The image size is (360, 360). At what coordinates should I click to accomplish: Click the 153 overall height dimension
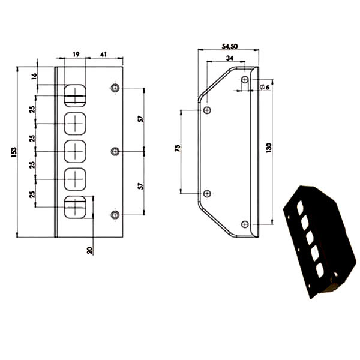pyautogui.click(x=14, y=152)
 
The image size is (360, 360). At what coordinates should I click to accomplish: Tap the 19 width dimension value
pyautogui.click(x=76, y=55)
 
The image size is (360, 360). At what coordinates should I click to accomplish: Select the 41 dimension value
pyautogui.click(x=104, y=55)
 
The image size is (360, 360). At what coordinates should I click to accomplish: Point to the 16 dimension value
pyautogui.click(x=34, y=76)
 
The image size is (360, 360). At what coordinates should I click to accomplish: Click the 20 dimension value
pyautogui.click(x=90, y=250)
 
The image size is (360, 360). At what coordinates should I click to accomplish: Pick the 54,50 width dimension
pyautogui.click(x=230, y=46)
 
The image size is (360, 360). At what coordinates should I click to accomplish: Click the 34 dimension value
pyautogui.click(x=230, y=58)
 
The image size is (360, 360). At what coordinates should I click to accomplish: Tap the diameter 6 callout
pyautogui.click(x=265, y=87)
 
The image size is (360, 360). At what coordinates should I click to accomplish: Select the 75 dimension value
pyautogui.click(x=178, y=148)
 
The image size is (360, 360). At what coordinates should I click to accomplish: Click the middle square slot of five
pyautogui.click(x=75, y=152)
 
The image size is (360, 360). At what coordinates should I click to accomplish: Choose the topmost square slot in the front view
pyautogui.click(x=75, y=96)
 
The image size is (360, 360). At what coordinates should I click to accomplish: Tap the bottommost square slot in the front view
pyautogui.click(x=75, y=207)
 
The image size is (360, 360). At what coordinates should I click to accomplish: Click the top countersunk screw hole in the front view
pyautogui.click(x=115, y=88)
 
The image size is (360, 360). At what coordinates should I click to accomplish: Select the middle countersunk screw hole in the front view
pyautogui.click(x=115, y=152)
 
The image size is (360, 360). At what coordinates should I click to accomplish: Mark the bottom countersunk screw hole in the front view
pyautogui.click(x=115, y=215)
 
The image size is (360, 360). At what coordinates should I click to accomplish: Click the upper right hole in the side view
pyautogui.click(x=245, y=80)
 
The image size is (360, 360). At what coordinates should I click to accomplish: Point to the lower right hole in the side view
pyautogui.click(x=245, y=224)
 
